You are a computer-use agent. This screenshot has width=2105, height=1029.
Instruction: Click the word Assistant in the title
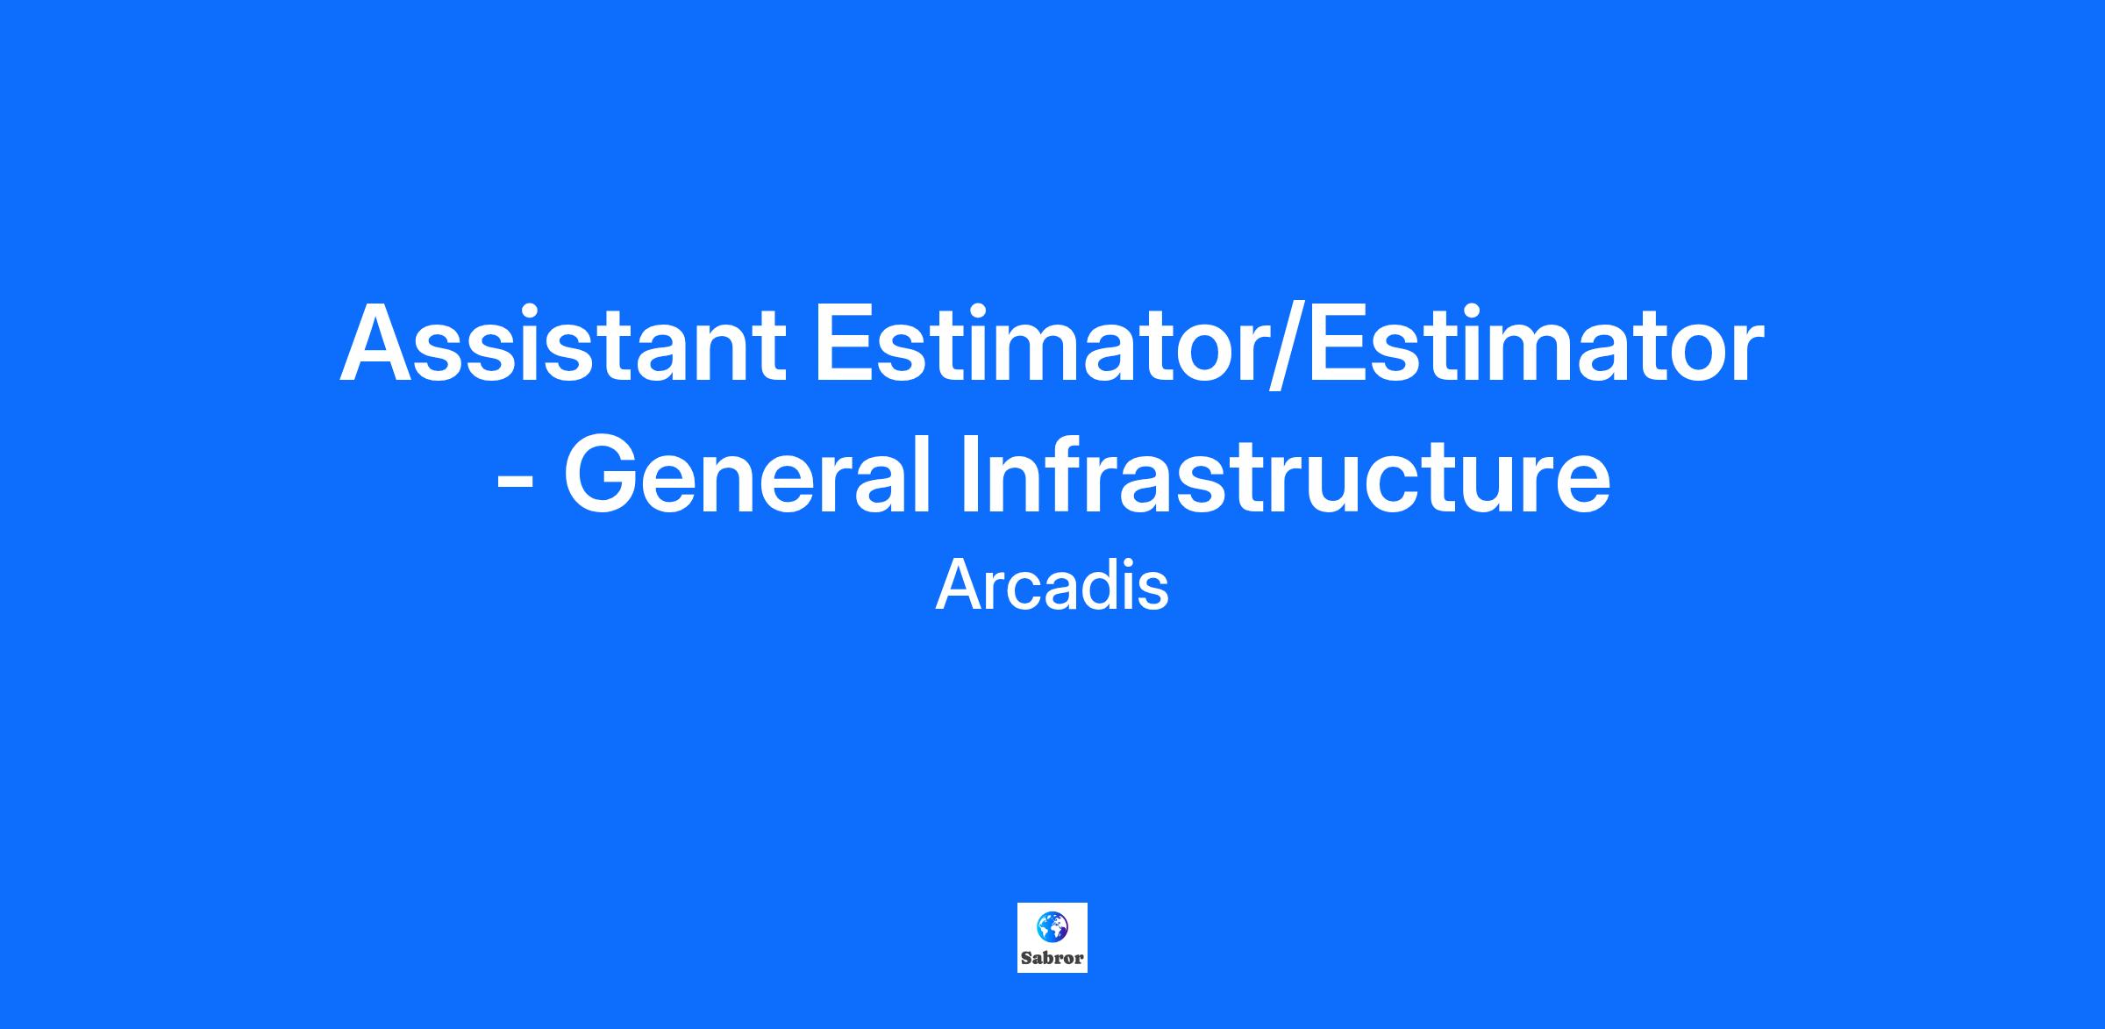pos(562,344)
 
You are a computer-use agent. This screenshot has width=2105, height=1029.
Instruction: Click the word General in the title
pos(746,473)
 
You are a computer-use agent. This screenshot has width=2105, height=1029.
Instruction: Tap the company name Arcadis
pos(1052,586)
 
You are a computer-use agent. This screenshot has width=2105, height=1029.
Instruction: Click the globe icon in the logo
pos(1052,926)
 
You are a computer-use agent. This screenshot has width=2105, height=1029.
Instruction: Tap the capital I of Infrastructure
pos(970,473)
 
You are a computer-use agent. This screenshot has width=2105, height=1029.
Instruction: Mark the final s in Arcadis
pos(1153,592)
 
